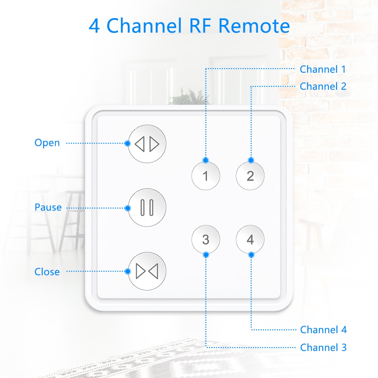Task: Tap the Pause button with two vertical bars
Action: (x=147, y=208)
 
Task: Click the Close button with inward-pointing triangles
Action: (x=147, y=271)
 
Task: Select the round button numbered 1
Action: (x=206, y=176)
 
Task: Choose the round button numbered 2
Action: (x=250, y=176)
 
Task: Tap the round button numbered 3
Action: (x=206, y=239)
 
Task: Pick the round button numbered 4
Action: (x=250, y=239)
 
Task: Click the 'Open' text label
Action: (x=47, y=143)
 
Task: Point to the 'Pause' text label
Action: (x=48, y=207)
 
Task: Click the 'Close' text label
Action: (x=47, y=272)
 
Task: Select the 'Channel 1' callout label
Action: (x=323, y=70)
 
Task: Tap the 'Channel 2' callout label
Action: (x=323, y=86)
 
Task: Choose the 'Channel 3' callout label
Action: (x=323, y=347)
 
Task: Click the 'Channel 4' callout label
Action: (x=323, y=330)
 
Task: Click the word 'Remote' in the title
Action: (x=254, y=26)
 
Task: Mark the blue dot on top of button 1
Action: (x=206, y=160)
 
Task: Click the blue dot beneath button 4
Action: (x=251, y=255)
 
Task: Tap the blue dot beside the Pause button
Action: (x=128, y=208)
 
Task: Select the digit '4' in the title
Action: (x=94, y=26)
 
